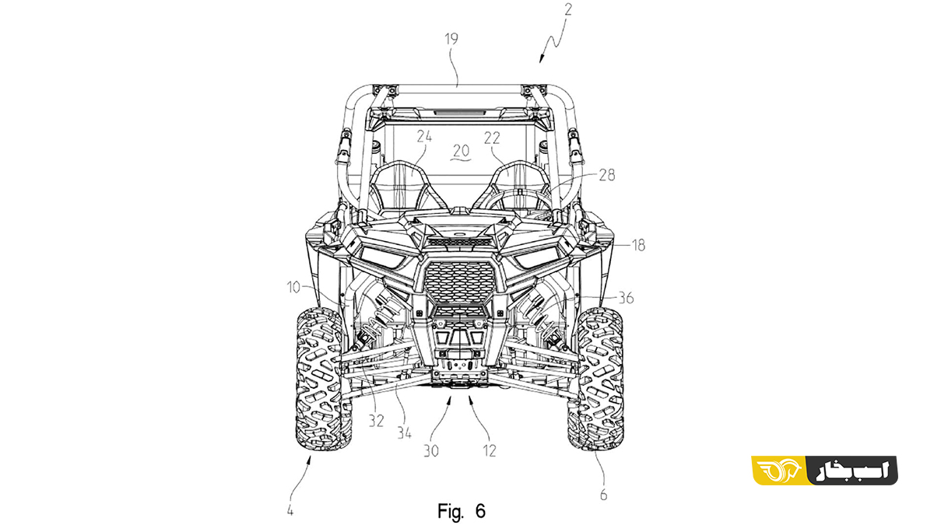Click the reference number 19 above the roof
click(x=451, y=39)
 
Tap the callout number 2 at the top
click(x=568, y=9)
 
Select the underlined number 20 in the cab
click(x=461, y=150)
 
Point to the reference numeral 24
click(x=424, y=137)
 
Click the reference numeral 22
click(x=492, y=138)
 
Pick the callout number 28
click(x=607, y=175)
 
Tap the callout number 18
click(x=638, y=246)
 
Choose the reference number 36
click(x=626, y=298)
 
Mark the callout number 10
click(x=293, y=287)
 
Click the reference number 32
click(x=376, y=422)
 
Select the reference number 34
click(x=404, y=433)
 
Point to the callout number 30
click(x=431, y=451)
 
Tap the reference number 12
click(x=490, y=451)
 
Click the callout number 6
click(x=603, y=495)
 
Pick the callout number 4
click(x=290, y=511)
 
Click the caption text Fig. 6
click(x=462, y=511)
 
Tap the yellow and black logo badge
click(x=825, y=471)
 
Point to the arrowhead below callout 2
click(x=541, y=59)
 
